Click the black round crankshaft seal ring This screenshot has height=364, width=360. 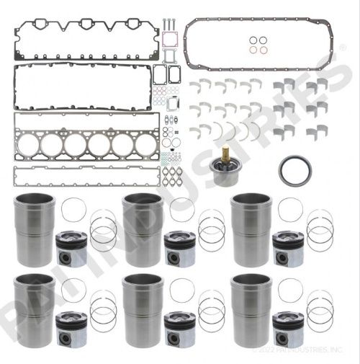tap(294, 174)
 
